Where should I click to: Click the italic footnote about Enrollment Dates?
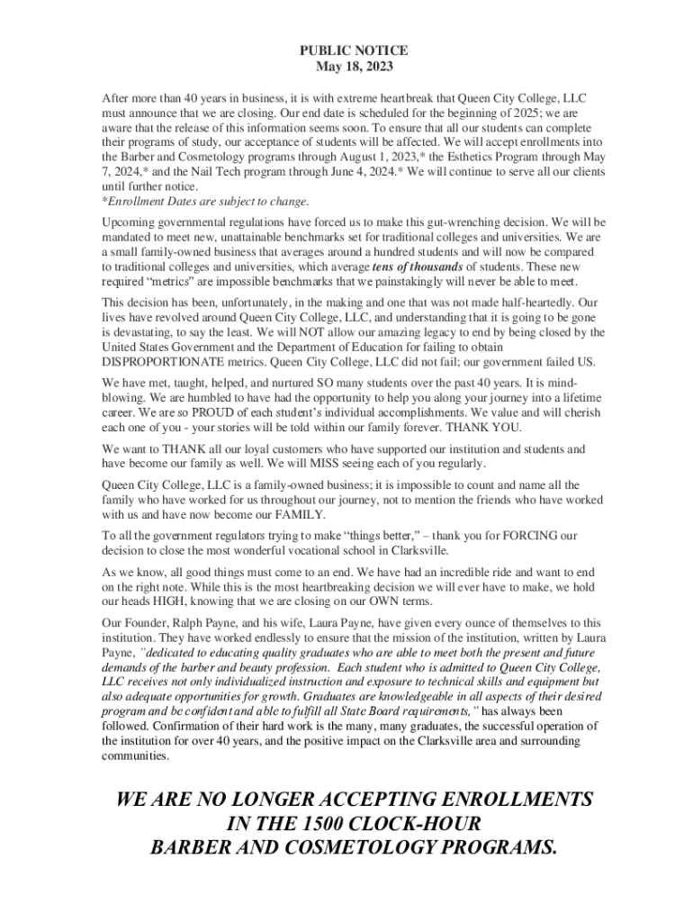[205, 201]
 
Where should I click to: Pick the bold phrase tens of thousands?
[418, 267]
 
